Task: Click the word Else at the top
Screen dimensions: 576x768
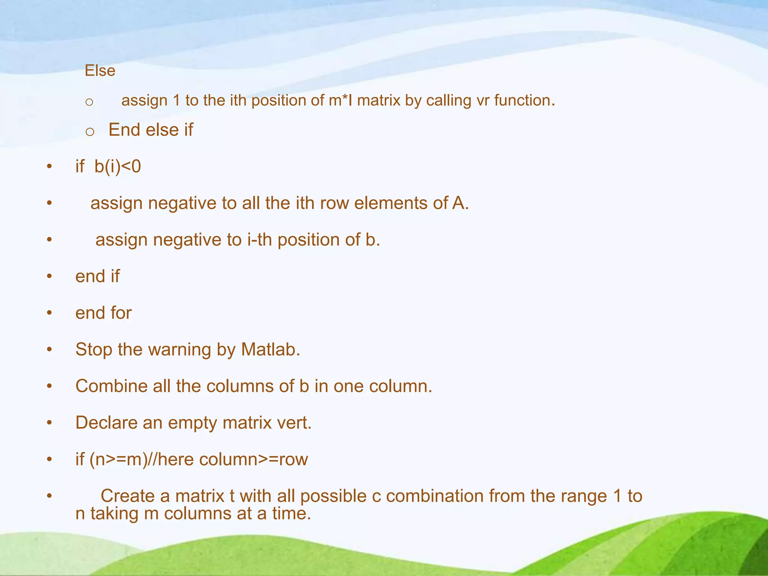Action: click(100, 70)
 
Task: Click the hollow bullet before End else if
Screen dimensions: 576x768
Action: click(90, 131)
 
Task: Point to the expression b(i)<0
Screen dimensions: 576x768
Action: click(117, 166)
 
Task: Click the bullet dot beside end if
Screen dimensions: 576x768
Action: click(49, 276)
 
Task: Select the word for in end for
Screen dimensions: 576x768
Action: click(121, 313)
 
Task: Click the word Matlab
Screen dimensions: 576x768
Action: click(270, 349)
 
